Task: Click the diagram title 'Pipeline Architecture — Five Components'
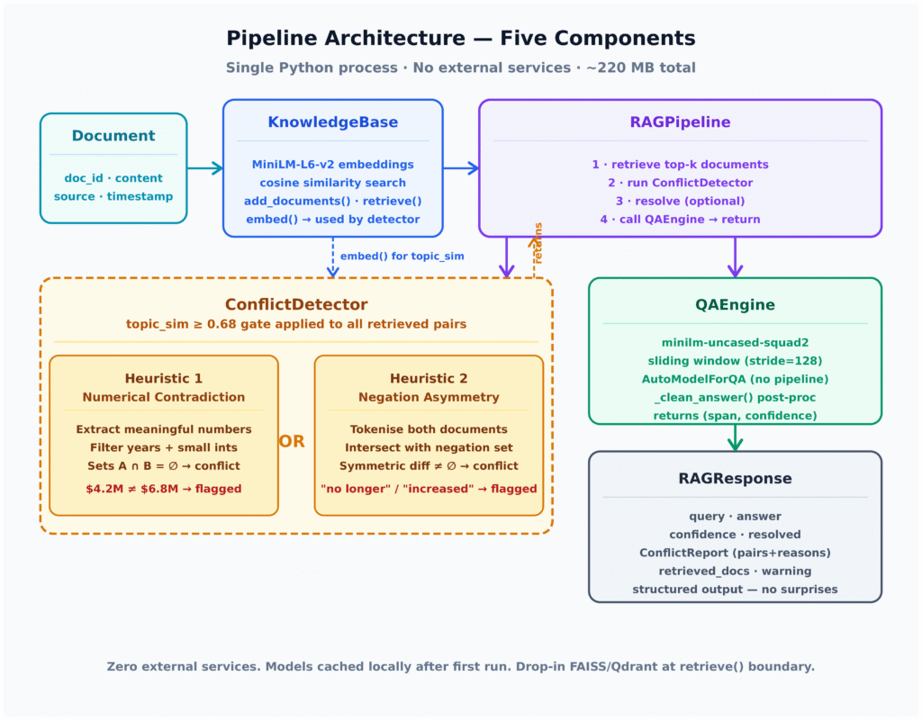[x=460, y=38]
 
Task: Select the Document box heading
[x=113, y=136]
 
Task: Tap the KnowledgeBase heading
[x=332, y=122]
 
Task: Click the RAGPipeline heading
[x=680, y=122]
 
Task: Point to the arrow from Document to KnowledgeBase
[x=205, y=168]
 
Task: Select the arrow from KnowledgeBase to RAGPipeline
[x=460, y=168]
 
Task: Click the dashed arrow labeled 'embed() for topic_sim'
[x=333, y=257]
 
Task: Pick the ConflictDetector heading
[x=296, y=304]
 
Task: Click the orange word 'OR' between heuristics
[x=292, y=442]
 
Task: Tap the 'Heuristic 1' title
[x=164, y=379]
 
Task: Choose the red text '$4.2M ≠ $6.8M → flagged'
[x=164, y=489]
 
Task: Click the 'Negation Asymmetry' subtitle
[x=429, y=397]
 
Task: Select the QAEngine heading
[x=735, y=304]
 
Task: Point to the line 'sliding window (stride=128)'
[x=735, y=361]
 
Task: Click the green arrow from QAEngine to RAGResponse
[x=735, y=437]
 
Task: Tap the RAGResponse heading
[x=735, y=479]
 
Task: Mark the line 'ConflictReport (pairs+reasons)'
[x=735, y=553]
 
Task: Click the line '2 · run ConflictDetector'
[x=680, y=183]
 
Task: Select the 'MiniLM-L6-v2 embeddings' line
[x=332, y=165]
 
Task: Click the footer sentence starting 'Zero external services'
[x=460, y=667]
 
